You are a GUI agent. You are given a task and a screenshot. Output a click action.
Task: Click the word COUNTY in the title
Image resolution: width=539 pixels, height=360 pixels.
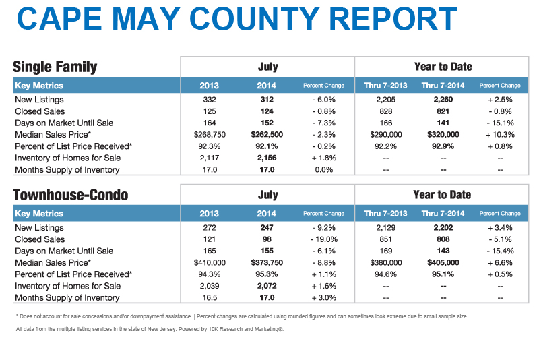pyautogui.click(x=255, y=19)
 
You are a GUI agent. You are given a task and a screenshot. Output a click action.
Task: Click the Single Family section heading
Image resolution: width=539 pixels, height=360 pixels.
pyautogui.click(x=55, y=67)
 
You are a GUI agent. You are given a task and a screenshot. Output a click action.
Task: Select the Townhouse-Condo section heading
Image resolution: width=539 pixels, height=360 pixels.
pyautogui.click(x=71, y=195)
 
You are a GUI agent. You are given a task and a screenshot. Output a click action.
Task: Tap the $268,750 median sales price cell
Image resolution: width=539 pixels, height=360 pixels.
pyautogui.click(x=210, y=135)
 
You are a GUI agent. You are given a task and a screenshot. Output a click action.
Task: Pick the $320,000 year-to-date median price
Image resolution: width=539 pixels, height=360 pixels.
pyautogui.click(x=443, y=135)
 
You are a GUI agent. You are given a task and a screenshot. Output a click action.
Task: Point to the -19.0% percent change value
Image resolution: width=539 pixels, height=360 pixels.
pyautogui.click(x=324, y=239)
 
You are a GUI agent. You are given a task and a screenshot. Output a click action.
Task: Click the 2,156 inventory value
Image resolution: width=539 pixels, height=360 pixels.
pyautogui.click(x=267, y=158)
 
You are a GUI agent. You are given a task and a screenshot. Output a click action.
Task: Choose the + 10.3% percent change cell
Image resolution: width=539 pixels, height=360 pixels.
pyautogui.click(x=500, y=135)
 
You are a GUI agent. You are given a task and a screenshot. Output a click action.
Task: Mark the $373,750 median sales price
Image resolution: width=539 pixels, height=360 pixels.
pyautogui.click(x=267, y=263)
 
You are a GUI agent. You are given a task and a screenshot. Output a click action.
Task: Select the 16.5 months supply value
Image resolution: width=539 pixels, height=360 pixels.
pyautogui.click(x=210, y=298)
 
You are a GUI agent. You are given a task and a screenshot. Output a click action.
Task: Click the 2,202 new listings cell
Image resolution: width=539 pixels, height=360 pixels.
pyautogui.click(x=443, y=228)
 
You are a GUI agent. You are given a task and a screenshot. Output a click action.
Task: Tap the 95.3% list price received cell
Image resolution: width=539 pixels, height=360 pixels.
pyautogui.click(x=267, y=274)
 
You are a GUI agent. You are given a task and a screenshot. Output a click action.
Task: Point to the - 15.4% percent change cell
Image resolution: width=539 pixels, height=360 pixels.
pyautogui.click(x=500, y=251)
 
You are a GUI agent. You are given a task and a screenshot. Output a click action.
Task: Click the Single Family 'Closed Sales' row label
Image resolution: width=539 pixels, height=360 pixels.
pyautogui.click(x=40, y=111)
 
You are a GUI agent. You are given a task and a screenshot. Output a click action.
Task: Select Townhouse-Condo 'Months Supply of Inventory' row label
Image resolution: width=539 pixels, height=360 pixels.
pyautogui.click(x=67, y=298)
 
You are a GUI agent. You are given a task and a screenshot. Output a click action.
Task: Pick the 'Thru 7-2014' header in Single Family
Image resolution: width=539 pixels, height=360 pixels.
pyautogui.click(x=443, y=86)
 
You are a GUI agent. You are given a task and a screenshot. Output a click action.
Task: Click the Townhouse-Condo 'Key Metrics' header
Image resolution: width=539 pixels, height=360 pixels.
pyautogui.click(x=39, y=214)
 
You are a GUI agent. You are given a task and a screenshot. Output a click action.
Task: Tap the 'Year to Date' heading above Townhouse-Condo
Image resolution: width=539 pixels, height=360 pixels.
pyautogui.click(x=442, y=195)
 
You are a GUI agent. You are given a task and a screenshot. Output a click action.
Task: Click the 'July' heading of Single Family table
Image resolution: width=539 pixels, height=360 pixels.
pyautogui.click(x=267, y=67)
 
